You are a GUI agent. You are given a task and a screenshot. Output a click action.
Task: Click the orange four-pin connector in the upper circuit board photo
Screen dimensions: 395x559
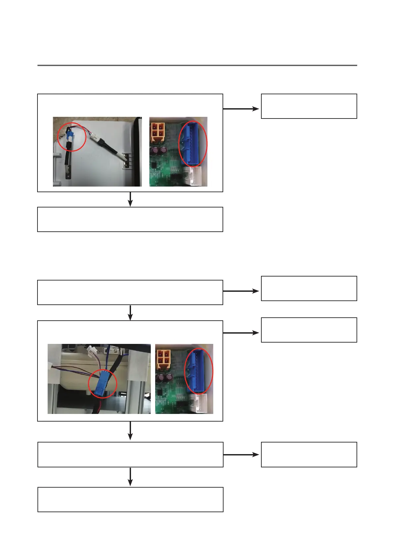click(x=158, y=130)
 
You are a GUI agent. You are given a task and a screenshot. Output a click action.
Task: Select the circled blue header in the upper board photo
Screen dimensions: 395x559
click(x=193, y=143)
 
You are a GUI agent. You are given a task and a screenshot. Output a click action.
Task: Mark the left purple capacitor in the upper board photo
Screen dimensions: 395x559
click(x=156, y=151)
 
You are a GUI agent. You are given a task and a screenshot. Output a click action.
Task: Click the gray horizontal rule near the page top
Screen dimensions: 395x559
click(x=197, y=65)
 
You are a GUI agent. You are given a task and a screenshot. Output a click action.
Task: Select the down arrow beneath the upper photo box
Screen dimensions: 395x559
click(x=130, y=199)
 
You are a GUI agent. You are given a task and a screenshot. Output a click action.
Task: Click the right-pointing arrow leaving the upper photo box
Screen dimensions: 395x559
click(x=241, y=109)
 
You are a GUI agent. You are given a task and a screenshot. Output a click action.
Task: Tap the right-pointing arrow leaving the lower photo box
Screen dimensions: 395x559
click(x=241, y=333)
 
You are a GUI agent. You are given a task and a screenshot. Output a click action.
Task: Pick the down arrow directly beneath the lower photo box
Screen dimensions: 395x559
click(x=130, y=431)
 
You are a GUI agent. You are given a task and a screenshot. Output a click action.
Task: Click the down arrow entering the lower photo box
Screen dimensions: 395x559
click(x=130, y=313)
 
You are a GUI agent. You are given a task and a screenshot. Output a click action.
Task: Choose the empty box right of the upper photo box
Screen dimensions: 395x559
click(x=309, y=106)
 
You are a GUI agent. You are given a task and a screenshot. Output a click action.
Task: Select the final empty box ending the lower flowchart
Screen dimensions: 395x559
click(x=130, y=500)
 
